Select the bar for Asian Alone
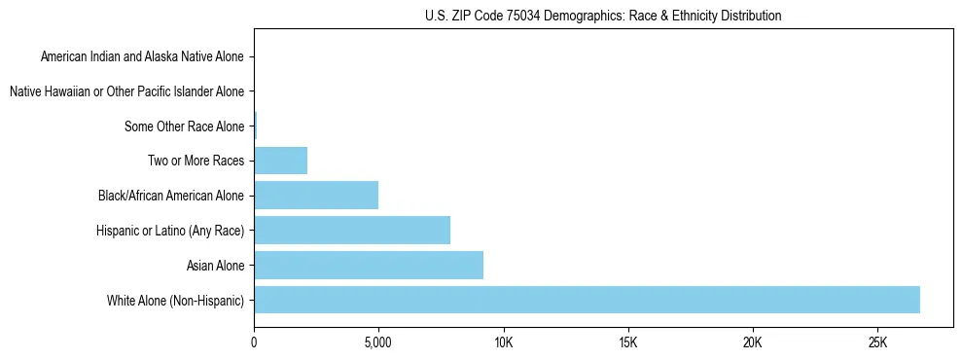pos(369,265)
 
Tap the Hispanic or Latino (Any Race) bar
pos(352,230)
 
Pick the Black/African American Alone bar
pos(316,195)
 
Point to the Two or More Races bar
pos(281,161)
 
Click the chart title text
pos(603,16)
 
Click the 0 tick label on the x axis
pos(254,342)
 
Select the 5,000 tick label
pos(378,342)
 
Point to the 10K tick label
pos(503,342)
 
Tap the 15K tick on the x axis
pos(627,342)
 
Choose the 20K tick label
pos(753,342)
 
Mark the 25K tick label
pos(877,342)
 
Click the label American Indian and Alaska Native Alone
pos(142,56)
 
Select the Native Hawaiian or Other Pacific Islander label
pos(126,91)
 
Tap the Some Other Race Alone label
pos(184,126)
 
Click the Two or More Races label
pos(196,161)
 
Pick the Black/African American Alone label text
pos(170,196)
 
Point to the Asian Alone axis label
pos(215,265)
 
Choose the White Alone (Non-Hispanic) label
pos(175,300)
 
